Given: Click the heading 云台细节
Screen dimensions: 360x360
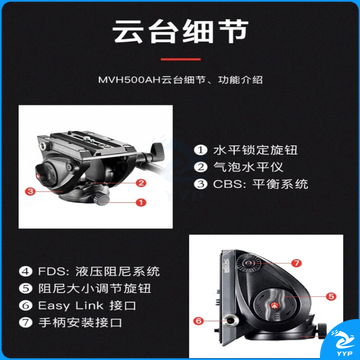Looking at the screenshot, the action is point(180,32).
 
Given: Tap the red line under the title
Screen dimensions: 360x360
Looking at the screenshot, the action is point(181,59).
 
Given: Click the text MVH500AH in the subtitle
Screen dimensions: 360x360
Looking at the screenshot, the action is point(130,80).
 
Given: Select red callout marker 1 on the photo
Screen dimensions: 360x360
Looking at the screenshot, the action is point(141,202).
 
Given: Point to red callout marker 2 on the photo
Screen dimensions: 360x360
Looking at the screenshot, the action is point(141,183).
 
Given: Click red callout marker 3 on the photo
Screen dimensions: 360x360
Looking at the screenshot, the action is point(30,191).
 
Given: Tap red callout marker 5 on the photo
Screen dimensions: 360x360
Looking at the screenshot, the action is point(331,296).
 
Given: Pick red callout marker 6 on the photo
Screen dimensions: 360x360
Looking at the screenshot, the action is point(199,321).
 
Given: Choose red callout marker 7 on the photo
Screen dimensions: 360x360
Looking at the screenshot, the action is point(296,263).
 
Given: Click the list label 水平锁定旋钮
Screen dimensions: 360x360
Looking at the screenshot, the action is point(255,150).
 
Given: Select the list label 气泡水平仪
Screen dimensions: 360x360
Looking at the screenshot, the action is point(248,167).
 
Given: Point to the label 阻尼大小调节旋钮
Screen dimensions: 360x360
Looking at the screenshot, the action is point(94,288).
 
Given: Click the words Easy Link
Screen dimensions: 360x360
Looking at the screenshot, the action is point(71,306).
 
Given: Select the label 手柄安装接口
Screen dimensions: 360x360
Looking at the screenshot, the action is point(80,323).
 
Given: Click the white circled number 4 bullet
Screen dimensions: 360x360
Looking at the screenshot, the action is point(25,271).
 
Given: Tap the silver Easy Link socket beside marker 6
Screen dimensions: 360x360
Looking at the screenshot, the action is point(231,321).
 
